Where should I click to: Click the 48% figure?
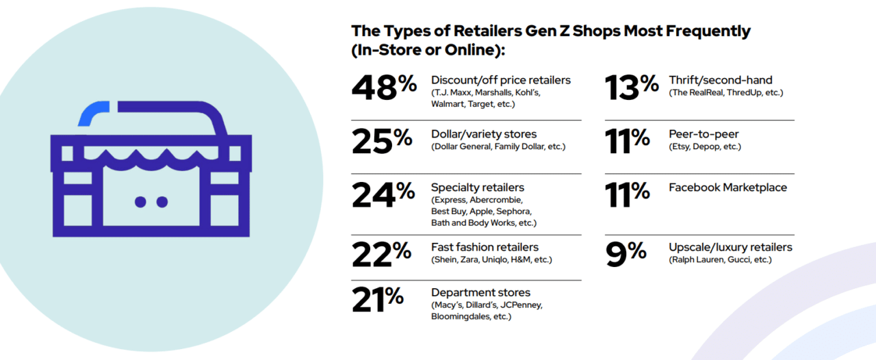coord(384,88)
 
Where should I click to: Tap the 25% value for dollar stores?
coord(382,140)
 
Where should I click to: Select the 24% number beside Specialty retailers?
coord(383,194)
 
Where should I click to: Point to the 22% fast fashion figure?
coord(381,255)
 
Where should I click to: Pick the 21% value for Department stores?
coord(377,300)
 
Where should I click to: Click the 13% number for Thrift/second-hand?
coord(630,88)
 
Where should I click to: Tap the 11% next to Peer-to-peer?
coord(627,140)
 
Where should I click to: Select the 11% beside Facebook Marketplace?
coord(627,194)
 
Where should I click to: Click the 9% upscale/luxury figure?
coord(626,253)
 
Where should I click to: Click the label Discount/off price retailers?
coord(500,80)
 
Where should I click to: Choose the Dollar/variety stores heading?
coord(483,134)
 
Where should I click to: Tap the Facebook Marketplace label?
coord(727,188)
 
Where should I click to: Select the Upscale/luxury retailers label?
coord(730,247)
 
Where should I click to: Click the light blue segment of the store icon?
coord(93,112)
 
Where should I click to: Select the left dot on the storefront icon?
coord(141,202)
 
